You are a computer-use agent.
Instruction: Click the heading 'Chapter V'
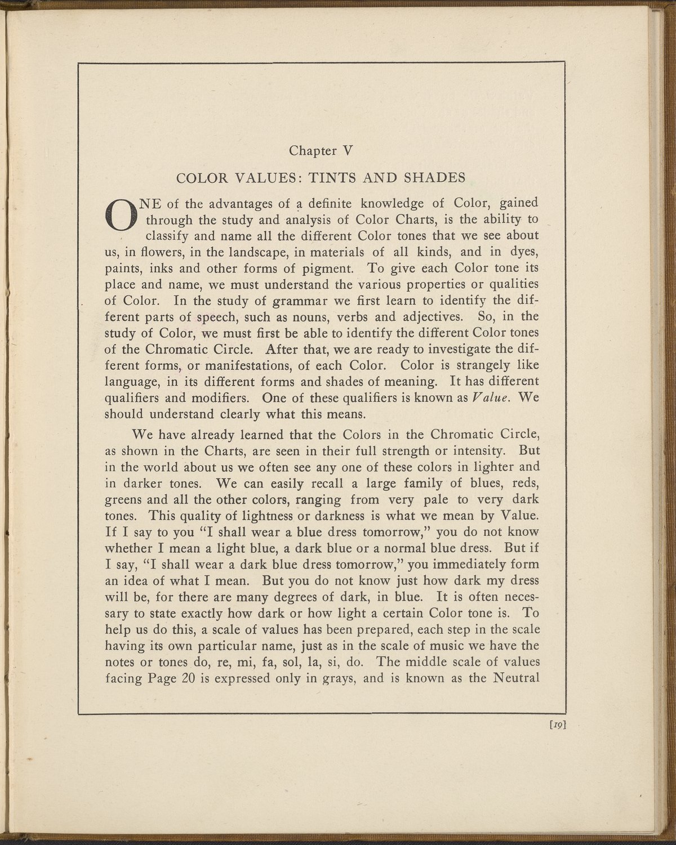320,151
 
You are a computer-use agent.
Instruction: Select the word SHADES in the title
435,178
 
